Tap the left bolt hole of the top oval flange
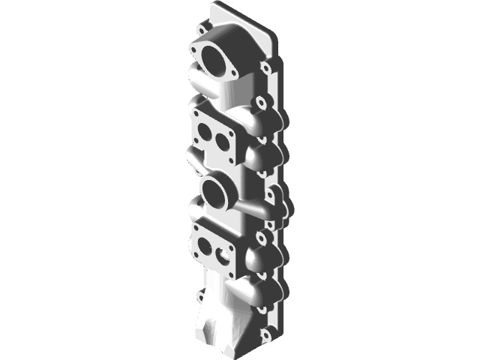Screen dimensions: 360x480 tap(195, 49)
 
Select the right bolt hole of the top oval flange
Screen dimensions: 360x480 tap(234, 73)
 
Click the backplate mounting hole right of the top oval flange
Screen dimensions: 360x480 tap(265, 68)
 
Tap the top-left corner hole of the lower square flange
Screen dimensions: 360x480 tap(196, 227)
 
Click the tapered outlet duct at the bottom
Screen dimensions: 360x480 tap(217, 322)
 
